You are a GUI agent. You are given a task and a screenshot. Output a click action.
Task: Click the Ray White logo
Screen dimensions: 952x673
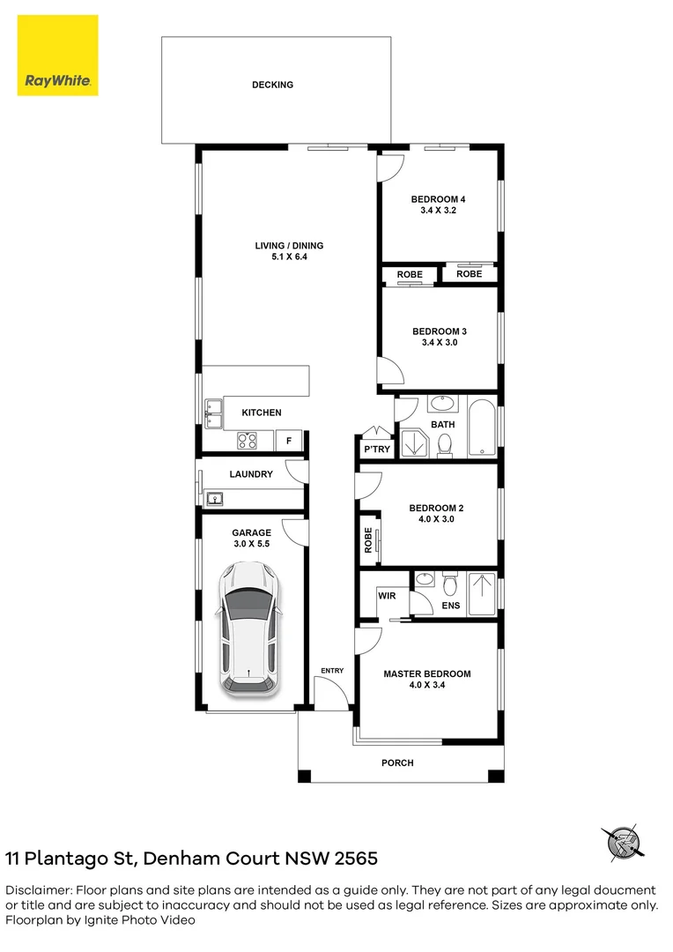tap(58, 56)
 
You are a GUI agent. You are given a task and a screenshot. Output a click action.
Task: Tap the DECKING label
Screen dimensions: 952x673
tap(272, 86)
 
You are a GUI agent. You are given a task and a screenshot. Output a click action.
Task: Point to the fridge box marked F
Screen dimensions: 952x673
tap(289, 441)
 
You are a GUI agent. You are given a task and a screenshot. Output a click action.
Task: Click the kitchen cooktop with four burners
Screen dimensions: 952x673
tap(247, 440)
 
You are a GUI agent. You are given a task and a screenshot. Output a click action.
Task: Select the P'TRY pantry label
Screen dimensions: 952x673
tap(377, 450)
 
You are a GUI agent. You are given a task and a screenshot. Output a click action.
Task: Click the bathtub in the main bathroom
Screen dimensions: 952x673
tap(481, 428)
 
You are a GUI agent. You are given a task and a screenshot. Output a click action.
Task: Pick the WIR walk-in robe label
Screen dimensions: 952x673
tap(387, 596)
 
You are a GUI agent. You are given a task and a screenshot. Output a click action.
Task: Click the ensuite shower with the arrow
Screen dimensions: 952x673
tap(480, 593)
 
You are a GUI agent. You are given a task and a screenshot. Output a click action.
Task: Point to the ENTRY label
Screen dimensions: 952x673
tap(332, 672)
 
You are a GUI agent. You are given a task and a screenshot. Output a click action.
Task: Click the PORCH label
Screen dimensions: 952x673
tap(397, 762)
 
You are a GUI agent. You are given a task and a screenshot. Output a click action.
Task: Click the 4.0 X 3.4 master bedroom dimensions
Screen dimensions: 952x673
tap(426, 686)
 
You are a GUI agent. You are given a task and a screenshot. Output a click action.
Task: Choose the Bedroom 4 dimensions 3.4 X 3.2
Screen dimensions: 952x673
tap(438, 211)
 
